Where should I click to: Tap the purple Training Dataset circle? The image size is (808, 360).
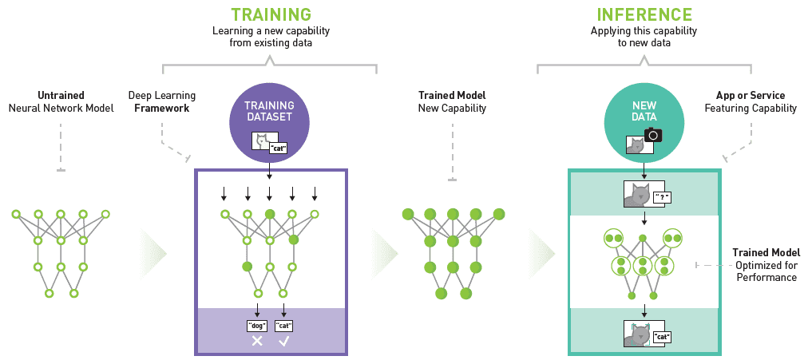pyautogui.click(x=269, y=119)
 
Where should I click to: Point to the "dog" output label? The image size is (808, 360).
pyautogui.click(x=257, y=325)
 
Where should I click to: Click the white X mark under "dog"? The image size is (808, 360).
pyautogui.click(x=257, y=341)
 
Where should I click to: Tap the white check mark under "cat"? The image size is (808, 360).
pyautogui.click(x=284, y=341)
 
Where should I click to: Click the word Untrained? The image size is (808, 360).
pyautogui.click(x=61, y=95)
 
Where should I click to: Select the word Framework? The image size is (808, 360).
pyautogui.click(x=162, y=108)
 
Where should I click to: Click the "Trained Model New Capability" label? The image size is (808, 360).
pyautogui.click(x=452, y=101)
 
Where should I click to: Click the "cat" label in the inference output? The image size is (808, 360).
pyautogui.click(x=661, y=337)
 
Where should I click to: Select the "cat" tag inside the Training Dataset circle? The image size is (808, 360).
pyautogui.click(x=277, y=148)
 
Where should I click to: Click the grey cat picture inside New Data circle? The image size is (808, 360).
pyautogui.click(x=636, y=145)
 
